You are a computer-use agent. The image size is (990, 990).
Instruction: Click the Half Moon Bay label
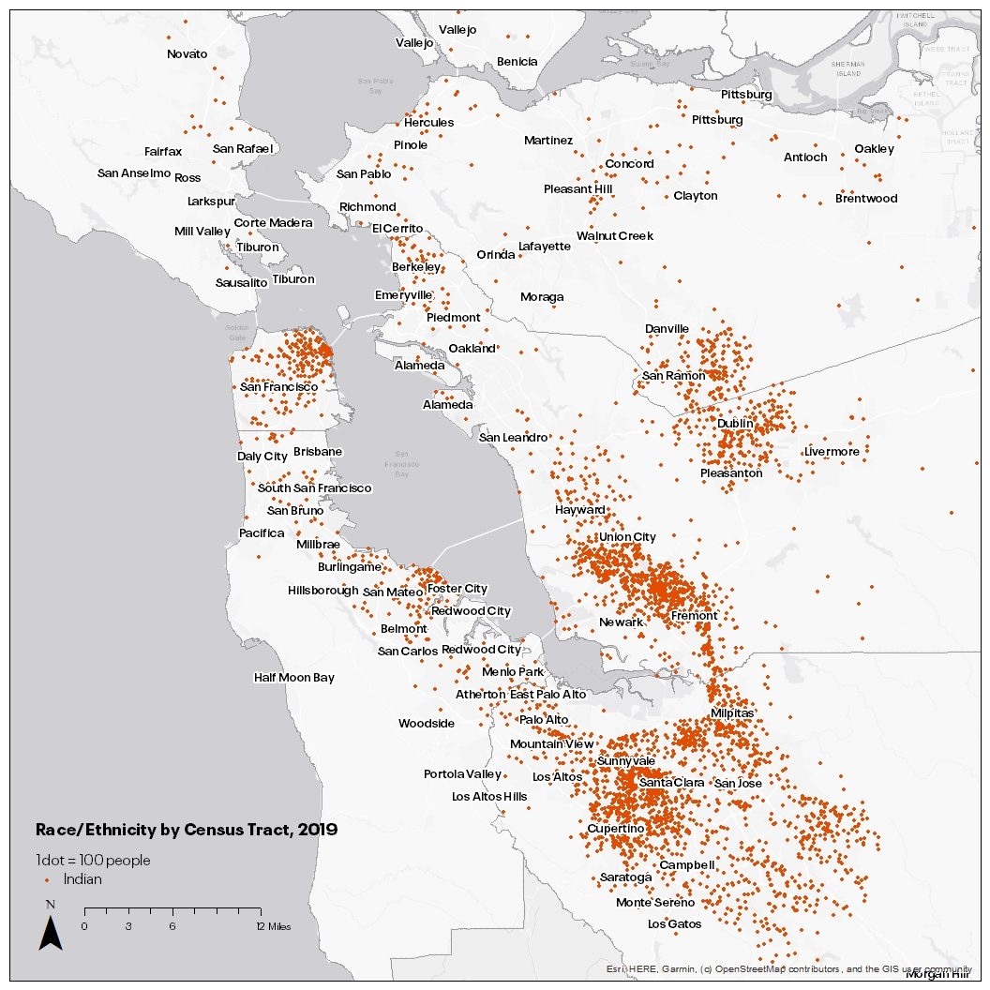tap(293, 678)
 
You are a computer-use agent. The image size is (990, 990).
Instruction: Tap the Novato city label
tap(187, 54)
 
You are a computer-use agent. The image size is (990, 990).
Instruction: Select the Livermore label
tap(832, 452)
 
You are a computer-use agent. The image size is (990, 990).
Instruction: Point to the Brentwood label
tap(866, 199)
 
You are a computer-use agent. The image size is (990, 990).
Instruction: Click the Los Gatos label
tap(674, 924)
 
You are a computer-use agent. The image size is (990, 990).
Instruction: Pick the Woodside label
tap(426, 724)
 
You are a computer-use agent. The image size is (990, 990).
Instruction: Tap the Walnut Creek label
tap(615, 236)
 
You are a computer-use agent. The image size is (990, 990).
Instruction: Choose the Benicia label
tap(517, 62)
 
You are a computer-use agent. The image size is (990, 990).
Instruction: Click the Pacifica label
tap(262, 533)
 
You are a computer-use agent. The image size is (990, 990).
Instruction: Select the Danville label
tap(667, 329)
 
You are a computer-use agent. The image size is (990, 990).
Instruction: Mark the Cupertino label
tap(615, 830)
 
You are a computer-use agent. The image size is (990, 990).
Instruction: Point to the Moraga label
tap(542, 297)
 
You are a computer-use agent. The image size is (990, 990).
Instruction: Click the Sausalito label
tap(241, 282)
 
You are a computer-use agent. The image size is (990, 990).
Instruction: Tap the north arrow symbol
tap(50, 930)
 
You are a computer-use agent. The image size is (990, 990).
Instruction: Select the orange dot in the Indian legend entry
tap(47, 880)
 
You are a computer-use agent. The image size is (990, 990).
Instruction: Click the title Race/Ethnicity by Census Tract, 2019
tap(186, 830)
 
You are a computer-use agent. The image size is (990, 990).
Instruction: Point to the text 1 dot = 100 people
tap(93, 861)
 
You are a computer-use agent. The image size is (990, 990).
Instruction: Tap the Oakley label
tap(874, 149)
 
